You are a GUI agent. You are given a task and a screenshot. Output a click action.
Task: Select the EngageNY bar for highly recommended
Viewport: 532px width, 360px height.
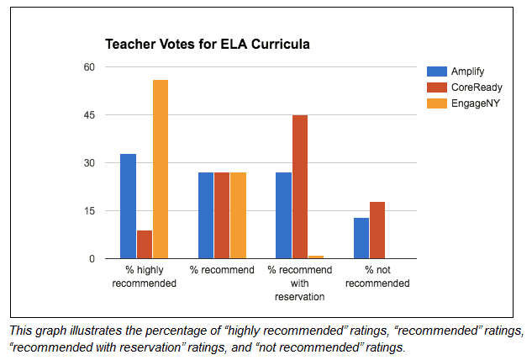[x=161, y=169]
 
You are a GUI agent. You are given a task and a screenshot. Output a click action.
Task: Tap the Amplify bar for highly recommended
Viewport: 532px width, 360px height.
[x=128, y=206]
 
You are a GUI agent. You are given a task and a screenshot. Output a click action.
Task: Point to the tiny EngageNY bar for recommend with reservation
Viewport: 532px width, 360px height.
[x=316, y=257]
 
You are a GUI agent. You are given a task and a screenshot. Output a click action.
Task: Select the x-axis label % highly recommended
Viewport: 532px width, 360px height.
[x=144, y=277]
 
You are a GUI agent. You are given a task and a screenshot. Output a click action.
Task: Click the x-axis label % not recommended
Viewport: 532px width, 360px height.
[x=377, y=277]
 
